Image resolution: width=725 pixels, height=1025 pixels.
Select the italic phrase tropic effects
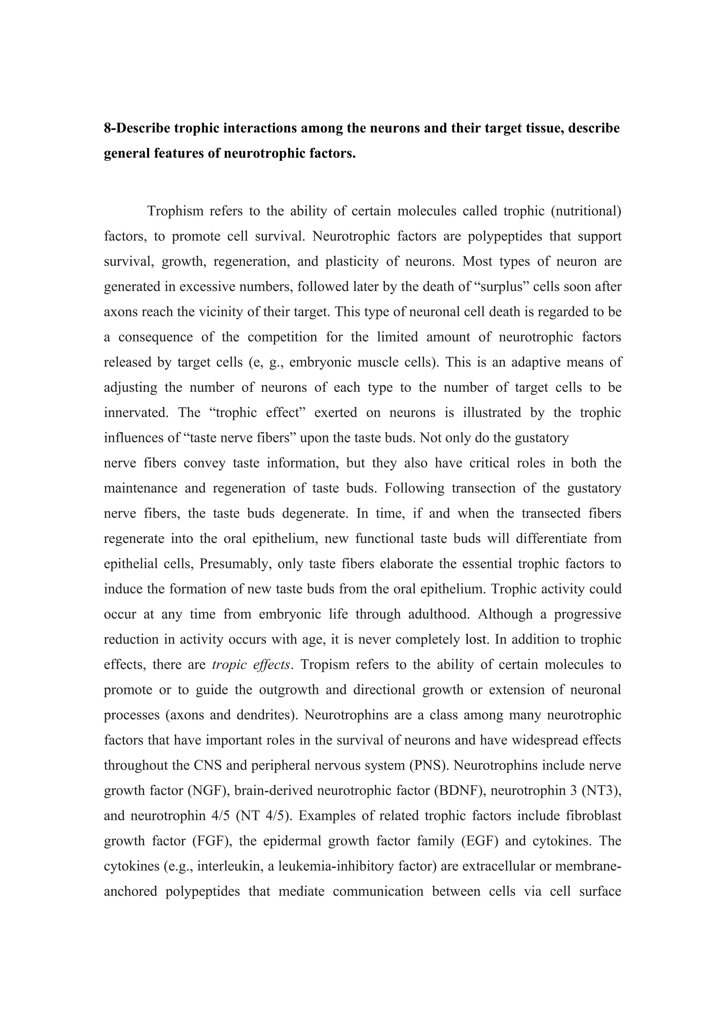tap(251, 665)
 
